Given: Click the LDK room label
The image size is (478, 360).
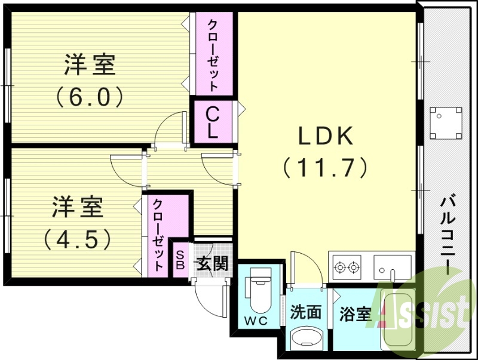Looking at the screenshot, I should tap(326, 136).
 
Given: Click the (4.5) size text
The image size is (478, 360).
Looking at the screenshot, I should tap(77, 239).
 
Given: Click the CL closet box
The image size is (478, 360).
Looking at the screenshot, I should tap(212, 122).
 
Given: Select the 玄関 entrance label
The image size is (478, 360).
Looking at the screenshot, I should tap(212, 263).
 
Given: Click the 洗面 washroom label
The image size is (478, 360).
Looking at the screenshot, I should tap(307, 312).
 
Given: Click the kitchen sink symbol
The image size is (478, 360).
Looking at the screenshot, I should tap(392, 266).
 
